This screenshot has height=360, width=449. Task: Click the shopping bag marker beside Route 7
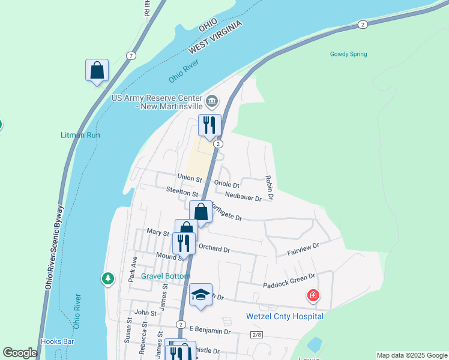[97, 71]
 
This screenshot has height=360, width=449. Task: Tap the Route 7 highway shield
[131, 56]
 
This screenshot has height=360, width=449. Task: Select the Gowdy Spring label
[348, 54]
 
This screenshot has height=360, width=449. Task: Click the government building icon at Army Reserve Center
[212, 100]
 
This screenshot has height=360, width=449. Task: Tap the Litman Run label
[80, 135]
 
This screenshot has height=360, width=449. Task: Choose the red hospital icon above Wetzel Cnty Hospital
[313, 295]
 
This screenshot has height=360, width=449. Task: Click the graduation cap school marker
[201, 295]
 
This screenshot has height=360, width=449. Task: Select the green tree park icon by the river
[108, 278]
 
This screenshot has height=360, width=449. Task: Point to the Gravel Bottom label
[166, 276]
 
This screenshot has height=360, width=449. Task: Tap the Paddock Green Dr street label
[289, 277]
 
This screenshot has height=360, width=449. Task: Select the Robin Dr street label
[270, 188]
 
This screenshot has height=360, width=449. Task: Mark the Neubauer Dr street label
[244, 197]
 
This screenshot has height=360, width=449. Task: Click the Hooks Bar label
[57, 341]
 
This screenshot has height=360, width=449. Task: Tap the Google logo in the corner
[20, 353]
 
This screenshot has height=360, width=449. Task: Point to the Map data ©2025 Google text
[411, 355]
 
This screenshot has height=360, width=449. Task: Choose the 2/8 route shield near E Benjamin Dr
[257, 334]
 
